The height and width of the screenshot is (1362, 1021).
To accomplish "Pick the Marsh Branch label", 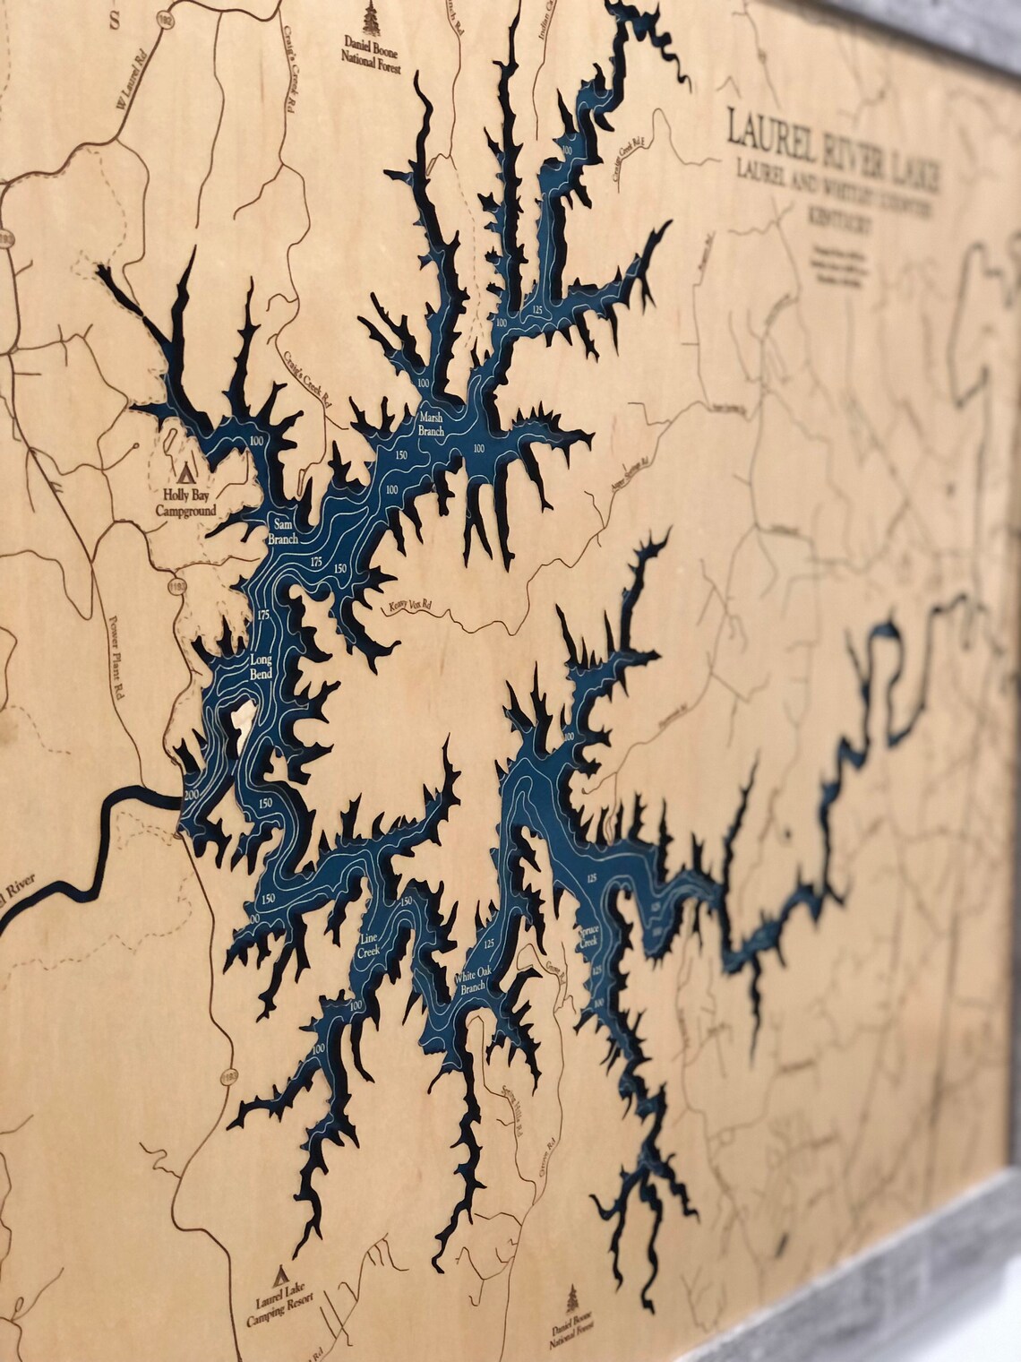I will coord(431,424).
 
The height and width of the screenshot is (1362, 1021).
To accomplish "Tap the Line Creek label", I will coord(369,946).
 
